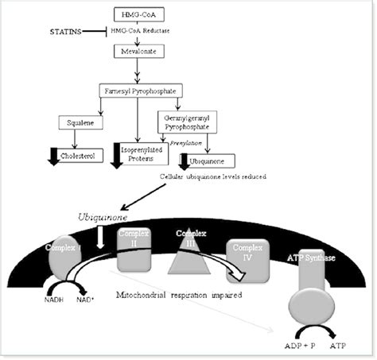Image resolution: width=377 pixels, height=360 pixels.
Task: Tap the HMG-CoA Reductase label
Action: point(157,32)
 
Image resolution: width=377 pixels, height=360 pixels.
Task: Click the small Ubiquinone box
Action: point(211,160)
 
